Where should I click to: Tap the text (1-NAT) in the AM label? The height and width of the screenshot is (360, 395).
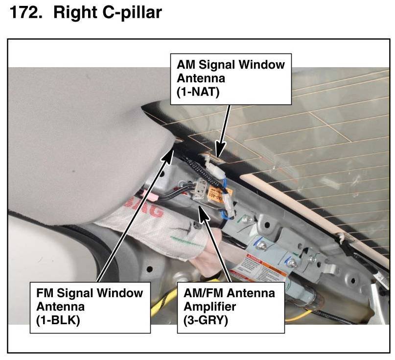coord(198,91)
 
